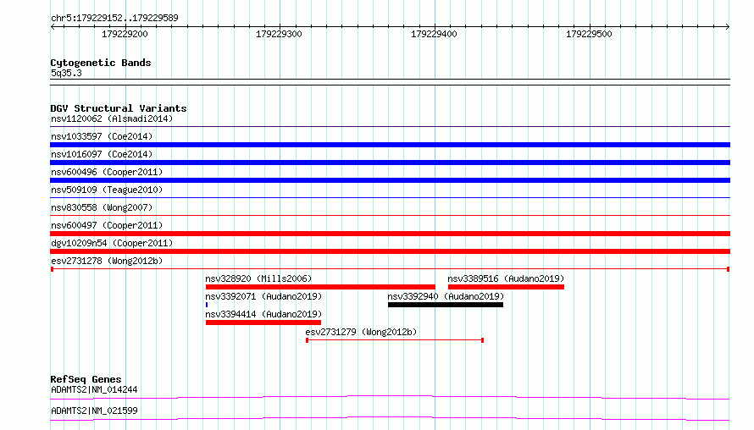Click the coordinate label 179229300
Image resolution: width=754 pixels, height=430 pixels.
point(279,34)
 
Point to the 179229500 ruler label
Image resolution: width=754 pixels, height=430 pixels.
point(589,34)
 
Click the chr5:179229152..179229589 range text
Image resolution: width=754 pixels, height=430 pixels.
point(114,18)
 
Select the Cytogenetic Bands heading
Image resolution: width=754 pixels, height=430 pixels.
point(101,63)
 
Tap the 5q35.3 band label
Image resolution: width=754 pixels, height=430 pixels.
point(66,73)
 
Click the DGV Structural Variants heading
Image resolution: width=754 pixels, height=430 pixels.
point(119,108)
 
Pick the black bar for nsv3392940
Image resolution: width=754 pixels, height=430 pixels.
point(446,305)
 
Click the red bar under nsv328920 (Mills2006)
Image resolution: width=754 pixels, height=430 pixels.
point(320,287)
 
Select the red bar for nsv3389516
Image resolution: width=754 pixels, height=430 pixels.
point(506,287)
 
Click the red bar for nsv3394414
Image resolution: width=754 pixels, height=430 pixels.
point(263,322)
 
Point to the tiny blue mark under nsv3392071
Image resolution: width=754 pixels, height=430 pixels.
point(207,305)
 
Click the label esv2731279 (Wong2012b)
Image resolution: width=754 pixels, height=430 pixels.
point(361,332)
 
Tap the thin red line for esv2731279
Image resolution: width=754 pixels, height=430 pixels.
point(395,340)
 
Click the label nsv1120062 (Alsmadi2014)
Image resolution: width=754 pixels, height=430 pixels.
point(112,119)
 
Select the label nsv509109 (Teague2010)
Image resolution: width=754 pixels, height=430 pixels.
point(107,190)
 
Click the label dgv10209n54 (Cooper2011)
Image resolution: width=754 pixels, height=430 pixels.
point(112,243)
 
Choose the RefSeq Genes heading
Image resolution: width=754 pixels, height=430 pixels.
point(86,379)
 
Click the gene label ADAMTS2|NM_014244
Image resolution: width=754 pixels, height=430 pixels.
point(94,389)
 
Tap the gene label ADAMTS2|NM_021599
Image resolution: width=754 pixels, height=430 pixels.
point(94,411)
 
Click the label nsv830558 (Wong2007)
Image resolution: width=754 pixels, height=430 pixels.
point(102,207)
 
